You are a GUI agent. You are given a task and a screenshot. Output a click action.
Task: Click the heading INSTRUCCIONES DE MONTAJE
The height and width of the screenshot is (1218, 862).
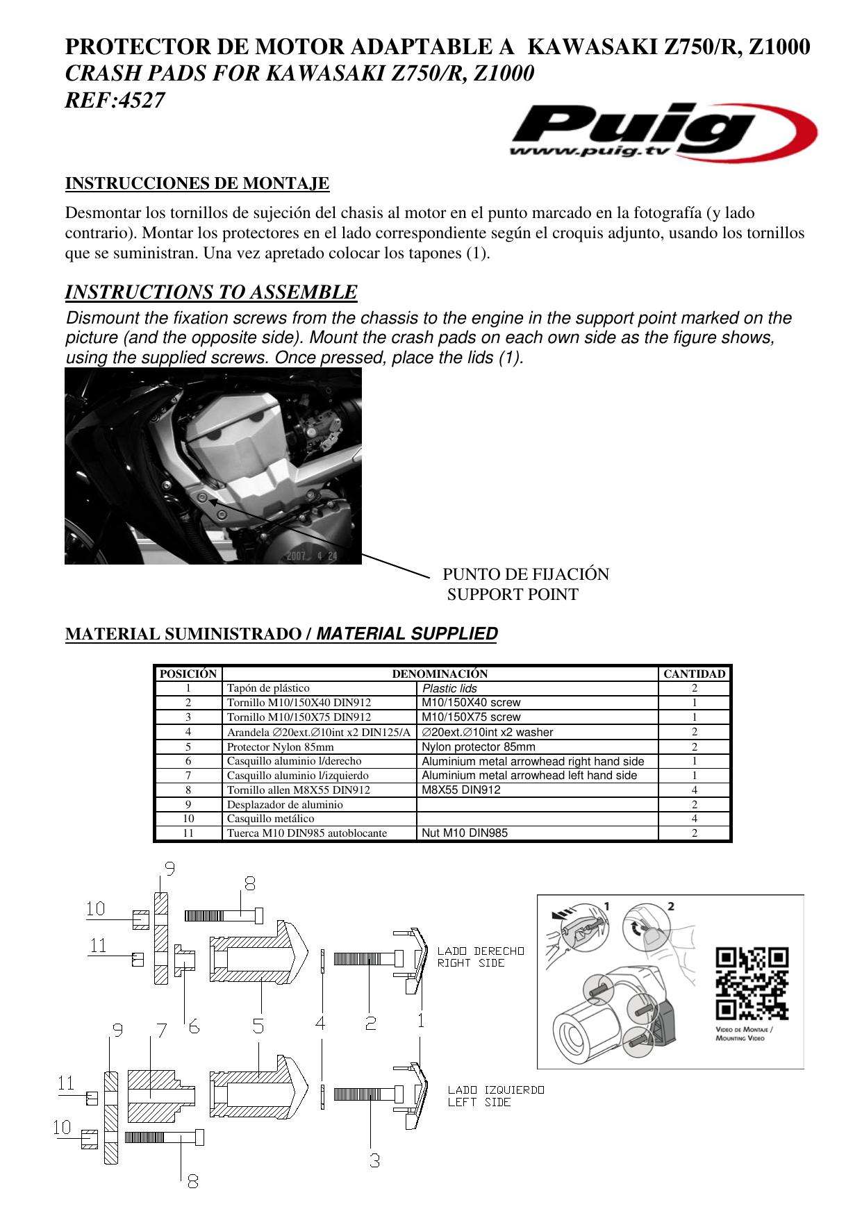tap(197, 183)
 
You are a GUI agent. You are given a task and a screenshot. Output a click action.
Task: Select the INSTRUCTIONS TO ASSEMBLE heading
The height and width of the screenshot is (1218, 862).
tap(211, 292)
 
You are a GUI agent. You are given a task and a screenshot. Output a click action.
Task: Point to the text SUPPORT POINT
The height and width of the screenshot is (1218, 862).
tap(513, 594)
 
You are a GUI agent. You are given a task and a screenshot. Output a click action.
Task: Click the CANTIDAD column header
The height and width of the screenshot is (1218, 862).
tap(694, 674)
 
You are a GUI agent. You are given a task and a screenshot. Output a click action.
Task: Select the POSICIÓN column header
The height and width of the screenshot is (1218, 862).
tap(188, 674)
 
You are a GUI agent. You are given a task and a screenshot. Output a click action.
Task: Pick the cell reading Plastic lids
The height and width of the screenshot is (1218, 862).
tap(450, 688)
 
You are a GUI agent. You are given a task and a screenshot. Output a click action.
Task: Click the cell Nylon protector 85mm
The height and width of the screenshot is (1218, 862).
tap(479, 747)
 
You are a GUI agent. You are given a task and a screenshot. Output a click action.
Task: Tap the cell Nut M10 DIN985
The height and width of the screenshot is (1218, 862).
tap(465, 833)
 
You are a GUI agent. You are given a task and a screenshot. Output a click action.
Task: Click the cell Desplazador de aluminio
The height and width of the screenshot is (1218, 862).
tap(285, 805)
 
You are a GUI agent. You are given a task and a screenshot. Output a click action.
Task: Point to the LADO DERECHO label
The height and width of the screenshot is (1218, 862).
tap(481, 951)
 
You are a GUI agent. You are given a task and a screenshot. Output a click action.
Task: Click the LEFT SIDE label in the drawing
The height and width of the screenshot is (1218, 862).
tap(479, 1102)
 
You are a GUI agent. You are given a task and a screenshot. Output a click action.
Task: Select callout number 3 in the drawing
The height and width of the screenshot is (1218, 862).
tap(374, 1160)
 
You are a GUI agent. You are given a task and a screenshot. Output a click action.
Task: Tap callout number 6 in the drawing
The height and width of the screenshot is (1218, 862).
tap(194, 1026)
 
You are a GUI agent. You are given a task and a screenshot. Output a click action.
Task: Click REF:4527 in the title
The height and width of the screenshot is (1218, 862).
tap(115, 101)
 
